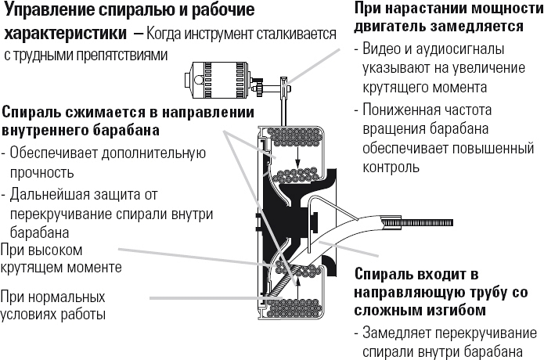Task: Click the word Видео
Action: click(x=384, y=49)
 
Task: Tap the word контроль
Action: click(x=391, y=167)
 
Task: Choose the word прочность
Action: click(x=42, y=171)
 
